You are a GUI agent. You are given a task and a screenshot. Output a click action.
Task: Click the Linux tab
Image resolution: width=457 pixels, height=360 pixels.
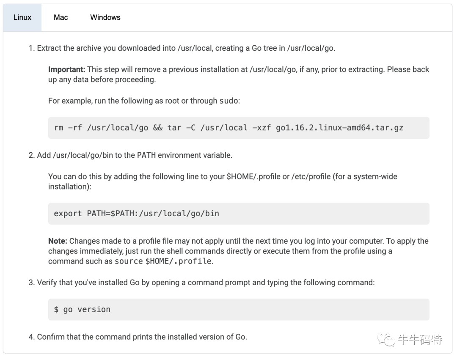tap(22, 17)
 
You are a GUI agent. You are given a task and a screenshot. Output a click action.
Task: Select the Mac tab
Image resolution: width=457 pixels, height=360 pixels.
tap(61, 17)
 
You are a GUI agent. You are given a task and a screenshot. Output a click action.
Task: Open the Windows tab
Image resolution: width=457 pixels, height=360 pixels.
tap(105, 17)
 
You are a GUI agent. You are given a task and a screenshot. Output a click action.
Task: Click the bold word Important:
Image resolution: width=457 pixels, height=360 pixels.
tap(67, 69)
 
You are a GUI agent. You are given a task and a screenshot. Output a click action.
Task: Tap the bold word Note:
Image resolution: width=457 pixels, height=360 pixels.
tap(58, 241)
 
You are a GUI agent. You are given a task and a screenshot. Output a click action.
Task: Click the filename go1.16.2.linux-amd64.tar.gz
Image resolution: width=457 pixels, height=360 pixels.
tap(339, 128)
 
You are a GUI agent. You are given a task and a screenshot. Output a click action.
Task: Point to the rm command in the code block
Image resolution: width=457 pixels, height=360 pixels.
tap(58, 128)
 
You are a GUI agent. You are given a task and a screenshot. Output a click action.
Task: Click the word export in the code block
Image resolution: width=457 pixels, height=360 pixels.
tap(68, 214)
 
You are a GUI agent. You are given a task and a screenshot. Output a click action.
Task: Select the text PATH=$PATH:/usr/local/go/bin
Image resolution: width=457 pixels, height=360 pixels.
tap(153, 214)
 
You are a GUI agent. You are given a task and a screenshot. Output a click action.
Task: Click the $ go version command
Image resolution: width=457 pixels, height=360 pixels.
tap(82, 310)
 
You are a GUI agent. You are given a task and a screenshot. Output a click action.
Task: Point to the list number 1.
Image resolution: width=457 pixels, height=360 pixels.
tap(31, 48)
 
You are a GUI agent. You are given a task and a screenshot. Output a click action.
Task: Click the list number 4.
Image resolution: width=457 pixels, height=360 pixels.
tap(31, 337)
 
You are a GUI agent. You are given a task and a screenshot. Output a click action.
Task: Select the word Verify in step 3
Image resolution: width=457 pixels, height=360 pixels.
tap(47, 283)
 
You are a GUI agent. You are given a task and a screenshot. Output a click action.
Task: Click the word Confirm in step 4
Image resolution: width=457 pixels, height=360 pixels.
tap(51, 337)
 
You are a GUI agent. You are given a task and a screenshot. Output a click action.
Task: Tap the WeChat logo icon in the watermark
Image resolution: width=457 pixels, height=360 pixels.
tap(386, 339)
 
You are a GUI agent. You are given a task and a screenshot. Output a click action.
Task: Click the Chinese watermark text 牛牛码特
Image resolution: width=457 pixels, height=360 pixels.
tap(419, 340)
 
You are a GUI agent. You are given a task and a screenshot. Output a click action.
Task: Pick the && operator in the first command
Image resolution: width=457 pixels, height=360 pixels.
tap(157, 128)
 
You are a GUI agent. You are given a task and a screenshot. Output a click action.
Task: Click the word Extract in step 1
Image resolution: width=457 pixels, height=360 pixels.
tap(49, 48)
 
